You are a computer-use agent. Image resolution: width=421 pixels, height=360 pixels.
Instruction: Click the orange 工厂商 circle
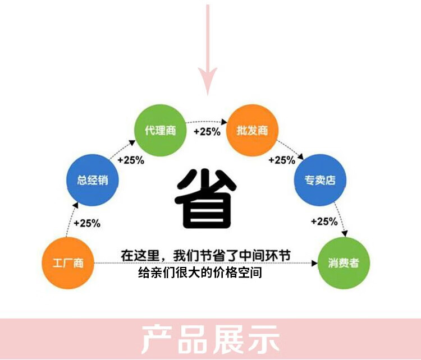[68, 262]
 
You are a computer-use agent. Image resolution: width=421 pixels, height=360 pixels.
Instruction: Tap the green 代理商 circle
[160, 131]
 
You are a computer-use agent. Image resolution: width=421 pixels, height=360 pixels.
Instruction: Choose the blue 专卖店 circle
[321, 180]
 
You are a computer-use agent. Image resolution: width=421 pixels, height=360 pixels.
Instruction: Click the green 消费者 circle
[343, 262]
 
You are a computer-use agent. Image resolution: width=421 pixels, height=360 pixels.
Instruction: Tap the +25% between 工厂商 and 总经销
[86, 223]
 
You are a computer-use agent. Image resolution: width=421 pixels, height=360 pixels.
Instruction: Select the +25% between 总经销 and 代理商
[130, 160]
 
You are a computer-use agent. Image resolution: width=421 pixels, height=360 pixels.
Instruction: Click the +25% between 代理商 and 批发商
[207, 132]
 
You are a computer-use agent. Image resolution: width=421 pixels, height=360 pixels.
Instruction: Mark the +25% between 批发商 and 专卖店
[281, 160]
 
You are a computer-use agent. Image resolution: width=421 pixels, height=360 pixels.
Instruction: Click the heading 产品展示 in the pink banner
[210, 339]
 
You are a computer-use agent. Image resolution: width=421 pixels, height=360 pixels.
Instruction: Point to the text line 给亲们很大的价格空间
[200, 274]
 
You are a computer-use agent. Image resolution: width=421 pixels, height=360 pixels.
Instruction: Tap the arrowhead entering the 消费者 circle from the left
[313, 262]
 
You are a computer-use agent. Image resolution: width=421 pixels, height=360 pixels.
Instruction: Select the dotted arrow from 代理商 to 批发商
[207, 121]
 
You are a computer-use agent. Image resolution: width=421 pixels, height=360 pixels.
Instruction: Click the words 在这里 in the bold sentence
[140, 255]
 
